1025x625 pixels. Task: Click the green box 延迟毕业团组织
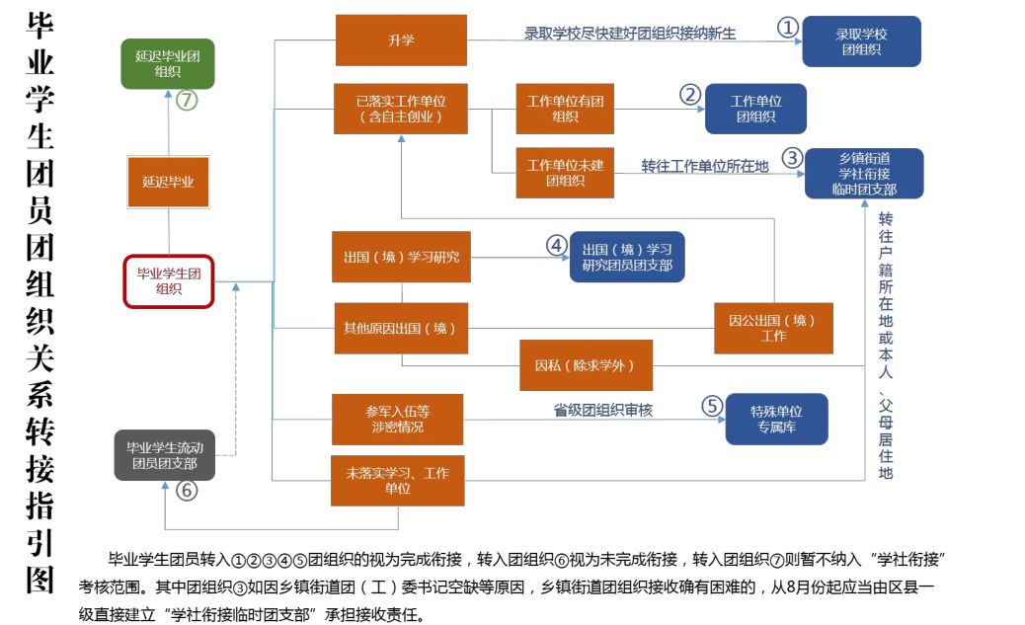[x=167, y=64]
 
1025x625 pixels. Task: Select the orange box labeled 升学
[x=401, y=40]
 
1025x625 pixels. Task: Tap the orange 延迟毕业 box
[x=168, y=182]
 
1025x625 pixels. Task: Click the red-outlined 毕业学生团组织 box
[x=168, y=281]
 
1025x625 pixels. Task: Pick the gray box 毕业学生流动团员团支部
[x=164, y=455]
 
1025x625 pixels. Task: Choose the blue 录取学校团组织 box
[x=861, y=41]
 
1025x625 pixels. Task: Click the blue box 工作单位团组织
[x=755, y=109]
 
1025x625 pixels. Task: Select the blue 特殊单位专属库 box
[x=776, y=419]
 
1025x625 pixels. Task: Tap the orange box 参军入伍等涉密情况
[x=397, y=419]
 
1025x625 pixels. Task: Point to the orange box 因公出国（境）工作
[x=773, y=328]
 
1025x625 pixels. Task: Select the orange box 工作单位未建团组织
[x=565, y=172]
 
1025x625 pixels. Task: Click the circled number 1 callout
[x=787, y=29]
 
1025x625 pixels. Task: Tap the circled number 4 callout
[x=557, y=245]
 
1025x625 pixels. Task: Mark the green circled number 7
[x=187, y=100]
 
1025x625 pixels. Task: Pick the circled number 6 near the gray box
[x=187, y=491]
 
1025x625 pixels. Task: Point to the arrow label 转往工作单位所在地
[x=704, y=166]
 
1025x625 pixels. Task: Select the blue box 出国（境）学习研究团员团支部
[x=626, y=256]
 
